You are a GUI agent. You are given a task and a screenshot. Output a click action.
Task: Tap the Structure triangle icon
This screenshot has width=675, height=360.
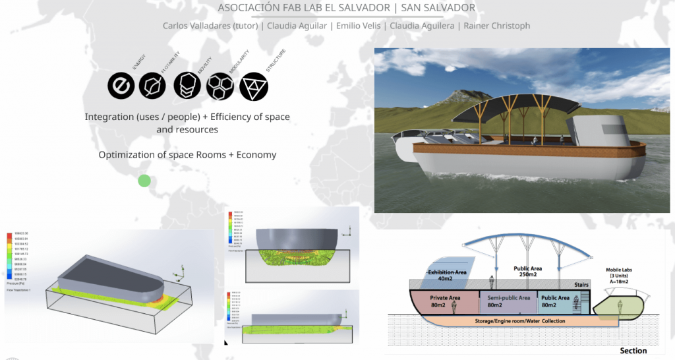(x=254, y=86)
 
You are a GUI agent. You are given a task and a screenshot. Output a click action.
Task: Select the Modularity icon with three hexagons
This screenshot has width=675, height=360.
(x=220, y=86)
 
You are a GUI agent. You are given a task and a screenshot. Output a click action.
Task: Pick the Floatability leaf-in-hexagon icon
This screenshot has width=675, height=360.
(x=154, y=86)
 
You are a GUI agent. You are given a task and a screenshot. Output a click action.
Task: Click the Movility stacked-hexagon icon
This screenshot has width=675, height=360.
(x=187, y=86)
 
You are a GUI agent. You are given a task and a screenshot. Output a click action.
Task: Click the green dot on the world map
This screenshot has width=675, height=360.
(x=144, y=181)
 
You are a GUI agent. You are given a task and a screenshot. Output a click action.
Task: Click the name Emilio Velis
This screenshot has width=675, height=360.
(x=360, y=26)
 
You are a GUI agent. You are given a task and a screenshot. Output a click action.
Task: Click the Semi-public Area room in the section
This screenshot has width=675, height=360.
(x=507, y=302)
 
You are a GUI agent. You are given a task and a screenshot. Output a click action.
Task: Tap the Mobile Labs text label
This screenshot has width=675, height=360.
(x=622, y=270)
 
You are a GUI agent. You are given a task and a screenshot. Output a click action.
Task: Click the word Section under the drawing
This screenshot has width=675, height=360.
(x=633, y=351)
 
